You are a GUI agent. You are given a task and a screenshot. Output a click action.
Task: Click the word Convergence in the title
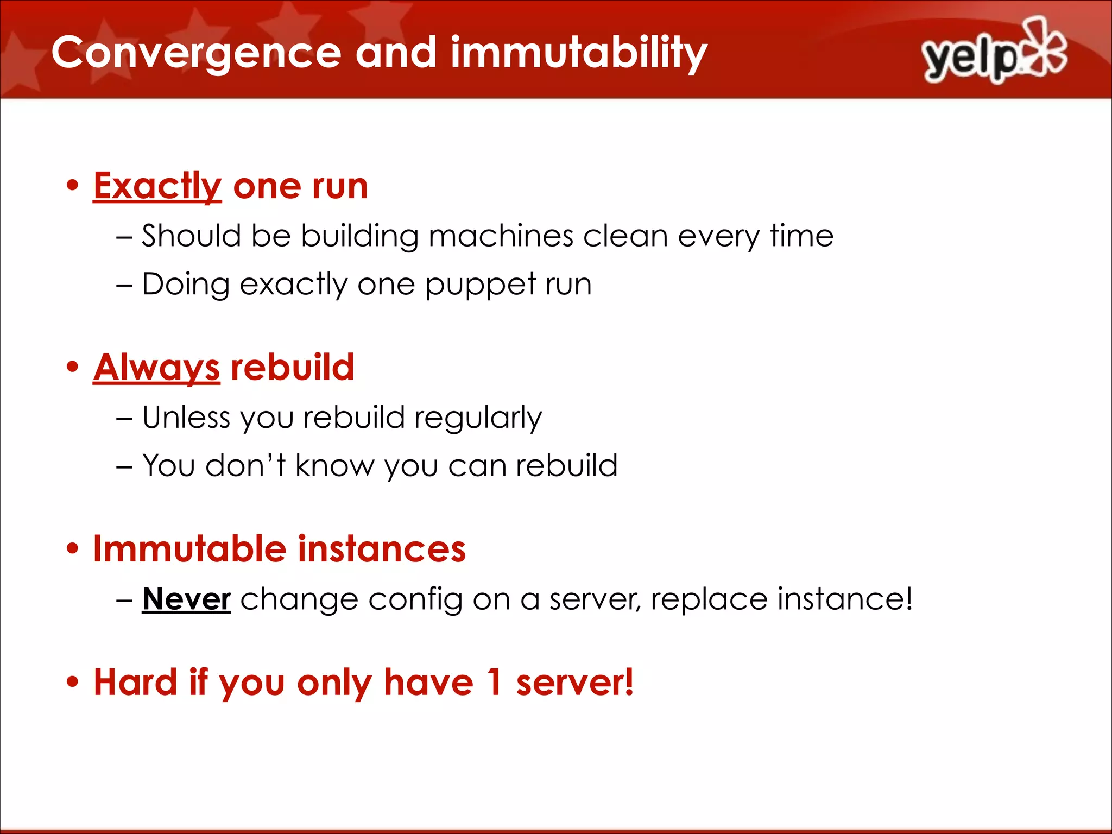tap(196, 53)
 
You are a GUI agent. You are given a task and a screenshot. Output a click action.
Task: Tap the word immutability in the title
tap(578, 53)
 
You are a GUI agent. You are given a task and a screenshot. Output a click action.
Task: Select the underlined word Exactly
tap(157, 186)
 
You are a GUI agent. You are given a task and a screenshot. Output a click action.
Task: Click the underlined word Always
tap(156, 368)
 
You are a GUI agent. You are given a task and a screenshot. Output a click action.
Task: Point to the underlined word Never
tap(186, 599)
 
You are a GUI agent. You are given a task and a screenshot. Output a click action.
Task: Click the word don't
tap(245, 466)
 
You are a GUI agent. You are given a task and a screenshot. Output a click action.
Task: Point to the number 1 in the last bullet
tap(494, 682)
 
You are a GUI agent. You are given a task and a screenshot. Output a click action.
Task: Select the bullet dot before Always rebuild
tap(72, 367)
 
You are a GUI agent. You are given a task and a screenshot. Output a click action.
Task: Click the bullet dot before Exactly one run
tap(72, 185)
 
